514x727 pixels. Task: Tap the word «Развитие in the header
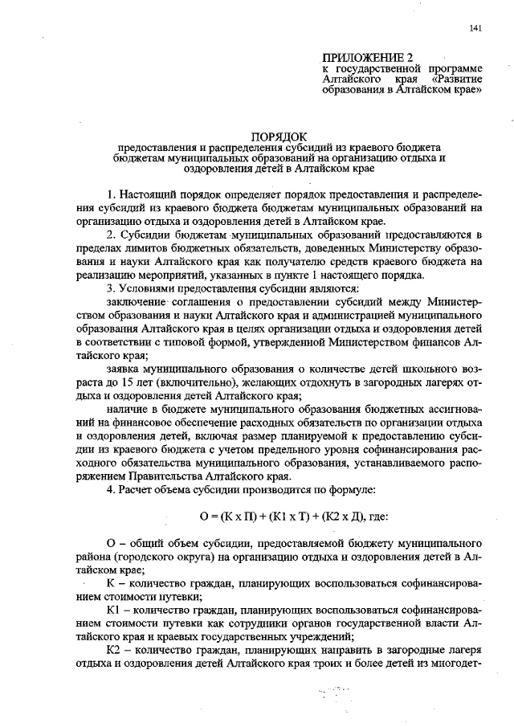pos(455,80)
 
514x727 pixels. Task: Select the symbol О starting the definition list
pos(110,545)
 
